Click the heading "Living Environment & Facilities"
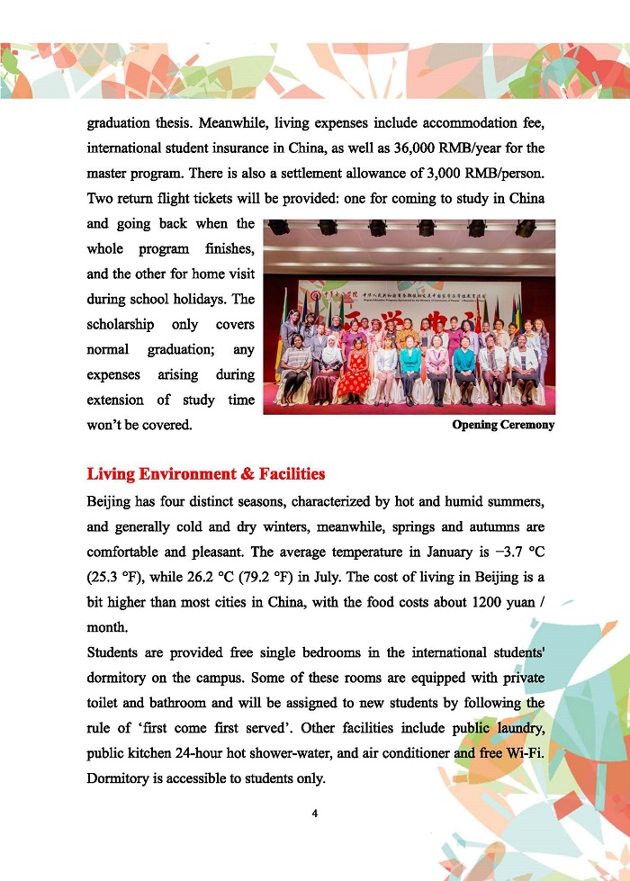coord(205,473)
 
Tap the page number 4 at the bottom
coord(315,814)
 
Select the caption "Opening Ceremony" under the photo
coord(503,425)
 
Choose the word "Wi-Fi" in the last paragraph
coord(526,752)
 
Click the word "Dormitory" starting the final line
coord(120,777)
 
